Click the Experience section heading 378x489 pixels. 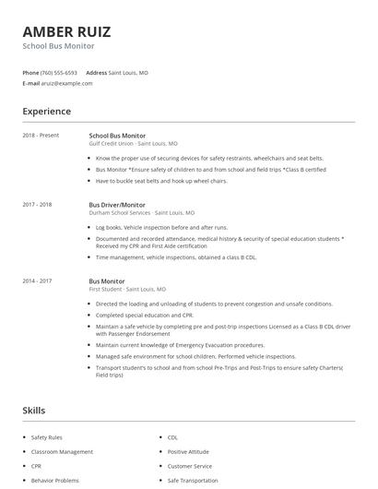click(46, 112)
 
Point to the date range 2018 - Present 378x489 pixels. click(41, 136)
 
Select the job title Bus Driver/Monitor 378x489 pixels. click(117, 204)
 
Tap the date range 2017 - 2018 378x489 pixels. click(37, 204)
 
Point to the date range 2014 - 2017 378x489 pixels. click(37, 280)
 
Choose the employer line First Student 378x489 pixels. click(127, 289)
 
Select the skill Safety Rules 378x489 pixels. click(47, 436)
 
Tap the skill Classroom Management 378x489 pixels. click(62, 452)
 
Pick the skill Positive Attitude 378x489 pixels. click(188, 452)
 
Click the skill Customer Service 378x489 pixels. click(190, 466)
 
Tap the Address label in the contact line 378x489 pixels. click(96, 72)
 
